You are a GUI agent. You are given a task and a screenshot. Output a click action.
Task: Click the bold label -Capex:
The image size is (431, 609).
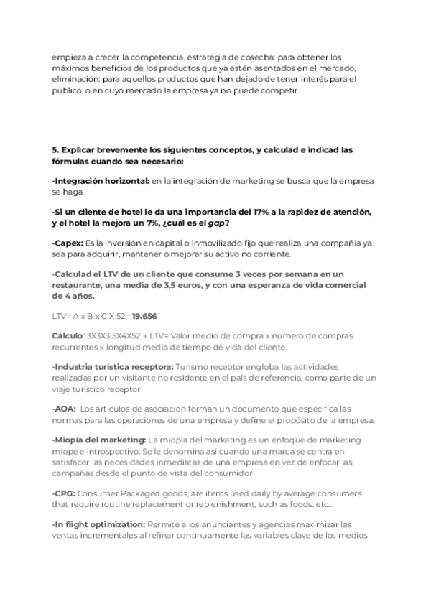click(67, 243)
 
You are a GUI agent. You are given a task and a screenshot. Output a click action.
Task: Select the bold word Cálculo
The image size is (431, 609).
click(68, 335)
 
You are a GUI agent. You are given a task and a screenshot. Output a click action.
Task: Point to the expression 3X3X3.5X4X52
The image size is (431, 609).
click(118, 335)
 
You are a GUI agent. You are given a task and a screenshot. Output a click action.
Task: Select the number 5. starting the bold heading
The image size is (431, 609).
click(55, 150)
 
